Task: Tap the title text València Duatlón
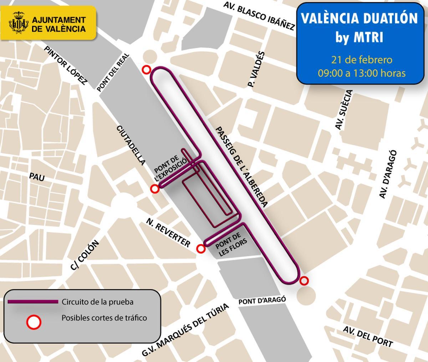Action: (x=359, y=18)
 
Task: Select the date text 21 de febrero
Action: (x=362, y=59)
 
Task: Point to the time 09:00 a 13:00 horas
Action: (x=362, y=73)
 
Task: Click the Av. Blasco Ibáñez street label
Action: (x=259, y=16)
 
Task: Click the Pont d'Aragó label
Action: (x=262, y=300)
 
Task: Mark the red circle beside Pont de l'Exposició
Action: (x=155, y=189)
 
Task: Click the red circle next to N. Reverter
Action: (x=201, y=249)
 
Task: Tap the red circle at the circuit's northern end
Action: (x=146, y=70)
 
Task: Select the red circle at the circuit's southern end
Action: (x=304, y=281)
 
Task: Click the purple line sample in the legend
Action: (x=33, y=302)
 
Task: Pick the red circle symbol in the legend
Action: (x=34, y=322)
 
